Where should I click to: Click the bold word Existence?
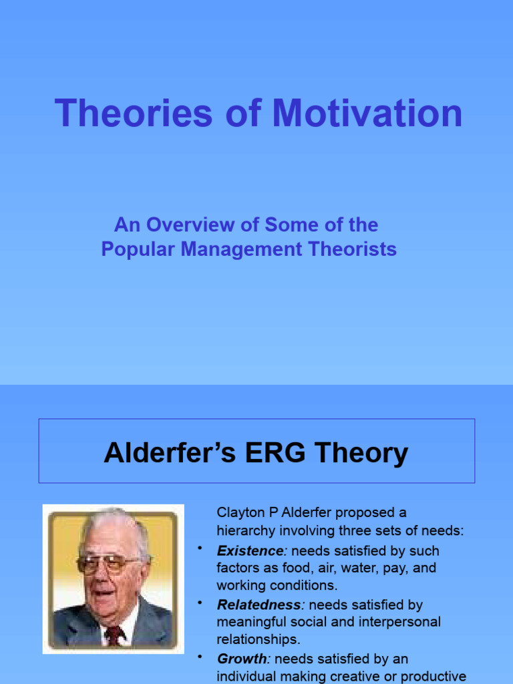coord(250,551)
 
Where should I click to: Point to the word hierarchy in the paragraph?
coord(244,531)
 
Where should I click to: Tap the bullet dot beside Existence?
coord(199,548)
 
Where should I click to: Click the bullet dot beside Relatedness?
coord(199,603)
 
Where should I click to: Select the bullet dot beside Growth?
coord(199,657)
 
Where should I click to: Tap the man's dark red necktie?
coord(114,634)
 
